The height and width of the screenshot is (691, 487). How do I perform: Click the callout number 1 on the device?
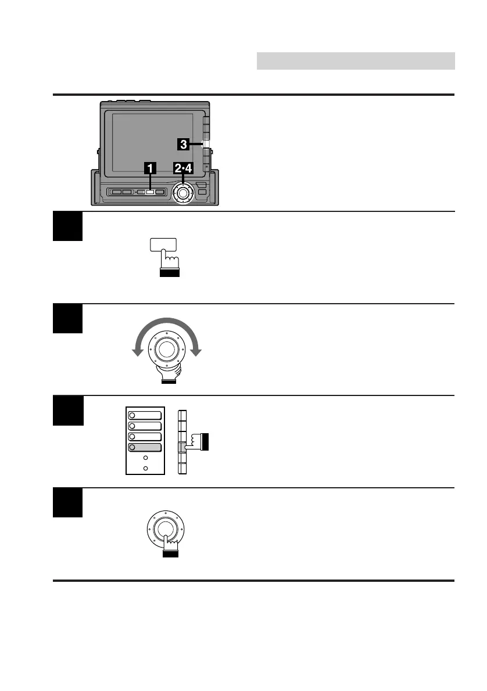[150, 168]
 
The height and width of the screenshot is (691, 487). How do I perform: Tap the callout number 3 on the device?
[182, 143]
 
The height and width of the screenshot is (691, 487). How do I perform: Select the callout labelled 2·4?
[183, 168]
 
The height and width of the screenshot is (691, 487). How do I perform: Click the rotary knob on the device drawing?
[183, 192]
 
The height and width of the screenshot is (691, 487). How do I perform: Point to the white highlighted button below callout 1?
[149, 192]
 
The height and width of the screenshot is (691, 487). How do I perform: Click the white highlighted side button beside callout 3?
[206, 143]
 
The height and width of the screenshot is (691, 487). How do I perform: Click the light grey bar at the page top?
[355, 60]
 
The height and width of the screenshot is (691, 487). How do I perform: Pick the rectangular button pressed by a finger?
[163, 246]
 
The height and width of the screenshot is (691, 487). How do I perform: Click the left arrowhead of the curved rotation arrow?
[137, 351]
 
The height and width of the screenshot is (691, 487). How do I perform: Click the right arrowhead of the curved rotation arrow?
[198, 351]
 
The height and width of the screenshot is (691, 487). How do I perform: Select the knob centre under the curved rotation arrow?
[167, 348]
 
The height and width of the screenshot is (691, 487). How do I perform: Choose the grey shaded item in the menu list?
[146, 447]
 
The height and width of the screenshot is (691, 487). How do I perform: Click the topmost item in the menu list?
[146, 415]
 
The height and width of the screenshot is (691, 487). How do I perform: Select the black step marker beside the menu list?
[67, 411]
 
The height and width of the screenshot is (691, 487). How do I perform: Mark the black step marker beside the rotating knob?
[67, 318]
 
